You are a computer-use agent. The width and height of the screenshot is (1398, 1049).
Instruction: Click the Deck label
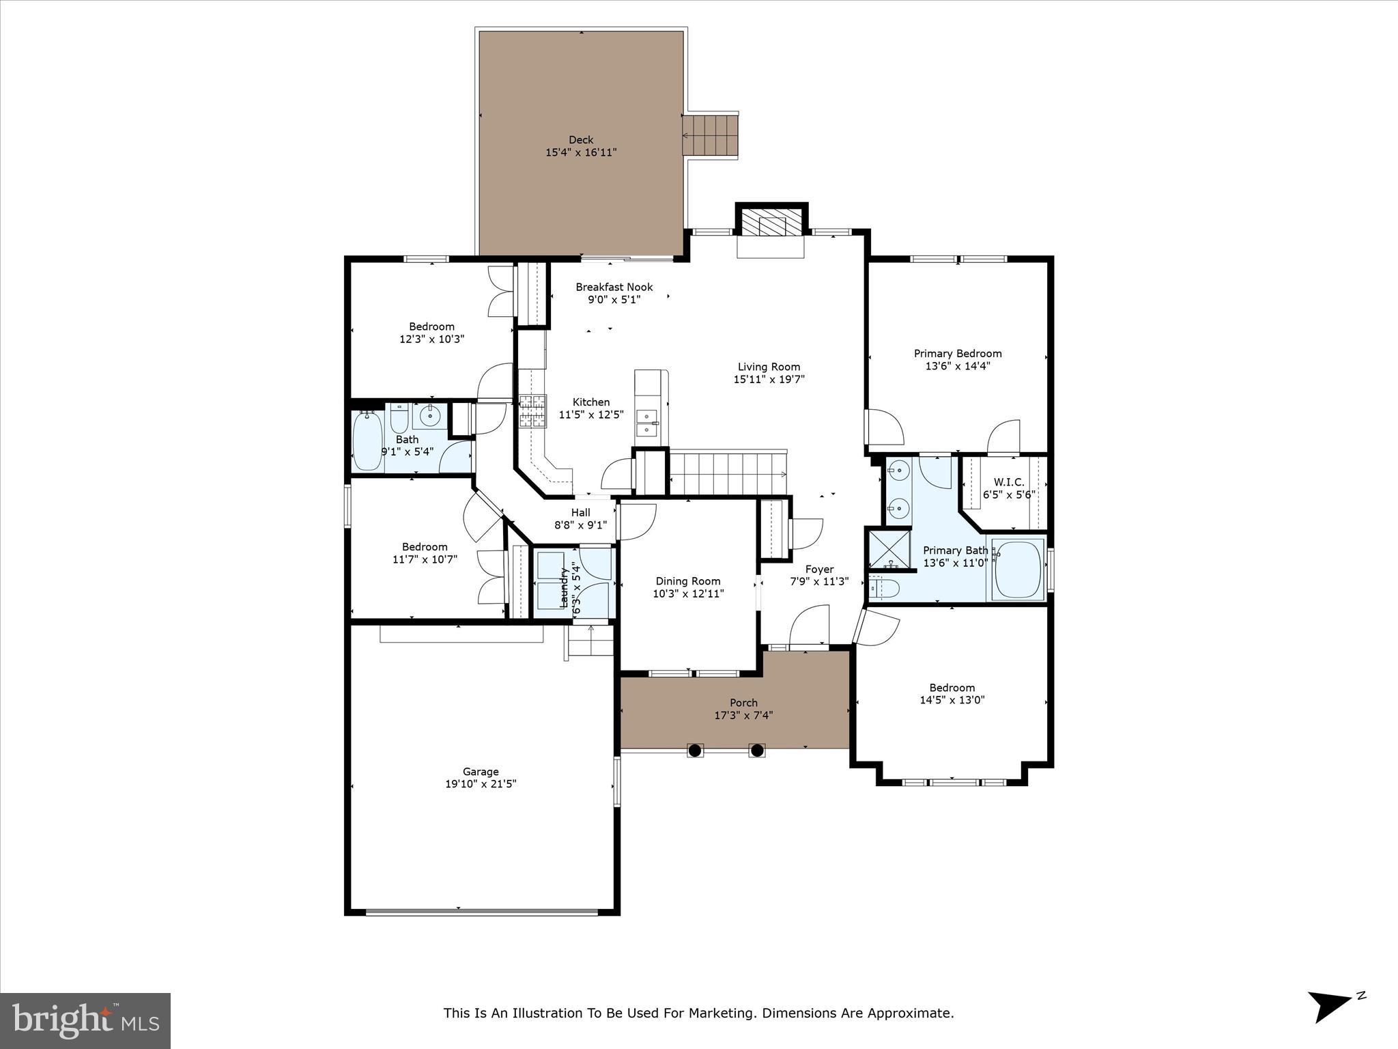click(x=581, y=140)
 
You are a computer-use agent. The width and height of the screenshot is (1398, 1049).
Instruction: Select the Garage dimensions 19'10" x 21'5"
click(x=481, y=784)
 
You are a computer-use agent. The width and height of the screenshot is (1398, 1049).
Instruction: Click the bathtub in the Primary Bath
click(x=1018, y=570)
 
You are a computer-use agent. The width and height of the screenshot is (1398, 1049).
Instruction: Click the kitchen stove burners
click(x=532, y=411)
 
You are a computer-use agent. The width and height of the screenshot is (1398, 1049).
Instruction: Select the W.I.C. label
click(x=1009, y=482)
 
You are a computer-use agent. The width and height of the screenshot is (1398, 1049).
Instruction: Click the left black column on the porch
click(x=694, y=750)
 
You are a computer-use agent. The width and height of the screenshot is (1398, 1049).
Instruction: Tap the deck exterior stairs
click(x=711, y=135)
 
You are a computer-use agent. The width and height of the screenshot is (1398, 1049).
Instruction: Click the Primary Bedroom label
click(x=958, y=353)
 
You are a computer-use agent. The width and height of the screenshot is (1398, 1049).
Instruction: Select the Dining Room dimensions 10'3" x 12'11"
click(x=688, y=593)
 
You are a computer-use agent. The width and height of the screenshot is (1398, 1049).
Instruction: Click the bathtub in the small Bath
click(x=367, y=440)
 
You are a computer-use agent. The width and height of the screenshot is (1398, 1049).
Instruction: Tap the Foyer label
click(x=819, y=569)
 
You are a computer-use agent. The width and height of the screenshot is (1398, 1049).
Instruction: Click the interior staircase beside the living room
click(x=728, y=473)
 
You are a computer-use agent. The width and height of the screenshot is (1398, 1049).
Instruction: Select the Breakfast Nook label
click(x=614, y=287)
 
